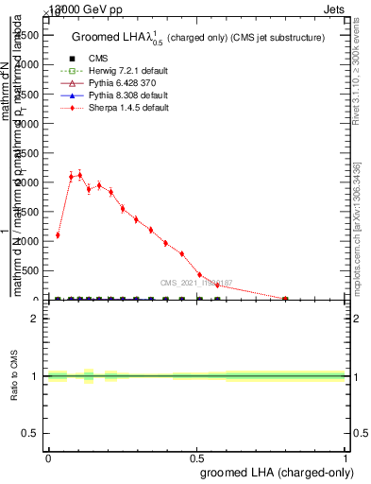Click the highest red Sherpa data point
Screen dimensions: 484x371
tap(80, 175)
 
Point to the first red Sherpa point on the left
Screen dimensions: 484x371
tap(58, 235)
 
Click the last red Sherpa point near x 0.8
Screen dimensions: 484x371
tap(285, 299)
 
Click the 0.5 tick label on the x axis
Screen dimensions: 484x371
tap(196, 457)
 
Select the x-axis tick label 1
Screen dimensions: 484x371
tap(346, 457)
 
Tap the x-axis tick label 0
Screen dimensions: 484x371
tap(48, 457)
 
